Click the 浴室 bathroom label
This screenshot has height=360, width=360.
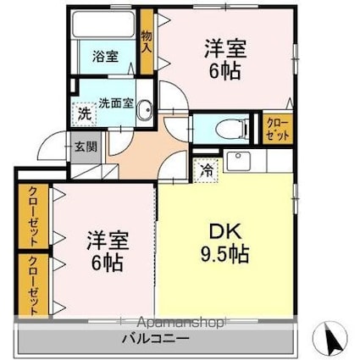click(x=105, y=58)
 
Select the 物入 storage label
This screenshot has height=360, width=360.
click(x=147, y=43)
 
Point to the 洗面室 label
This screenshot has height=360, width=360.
click(x=116, y=102)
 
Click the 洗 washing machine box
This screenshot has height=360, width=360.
click(x=84, y=113)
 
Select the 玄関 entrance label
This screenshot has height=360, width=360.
click(x=86, y=146)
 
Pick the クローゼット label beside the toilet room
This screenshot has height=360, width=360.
click(x=276, y=129)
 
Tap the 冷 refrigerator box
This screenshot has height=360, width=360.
click(x=207, y=169)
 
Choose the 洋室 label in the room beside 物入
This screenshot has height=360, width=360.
click(x=224, y=48)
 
